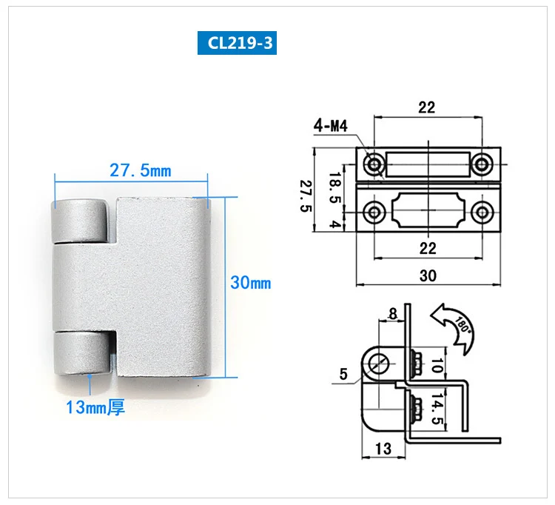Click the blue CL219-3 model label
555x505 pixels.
[x=237, y=43]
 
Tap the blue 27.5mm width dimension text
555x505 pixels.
[x=140, y=170]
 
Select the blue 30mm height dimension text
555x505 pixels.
[x=251, y=283]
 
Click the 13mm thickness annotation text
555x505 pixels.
[x=95, y=407]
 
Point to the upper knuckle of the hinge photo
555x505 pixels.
[x=80, y=221]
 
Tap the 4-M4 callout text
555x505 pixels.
[x=331, y=126]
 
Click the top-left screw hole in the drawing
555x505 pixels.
[x=374, y=164]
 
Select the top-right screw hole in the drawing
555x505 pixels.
[x=482, y=164]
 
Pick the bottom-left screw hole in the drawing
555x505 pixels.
[x=374, y=213]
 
